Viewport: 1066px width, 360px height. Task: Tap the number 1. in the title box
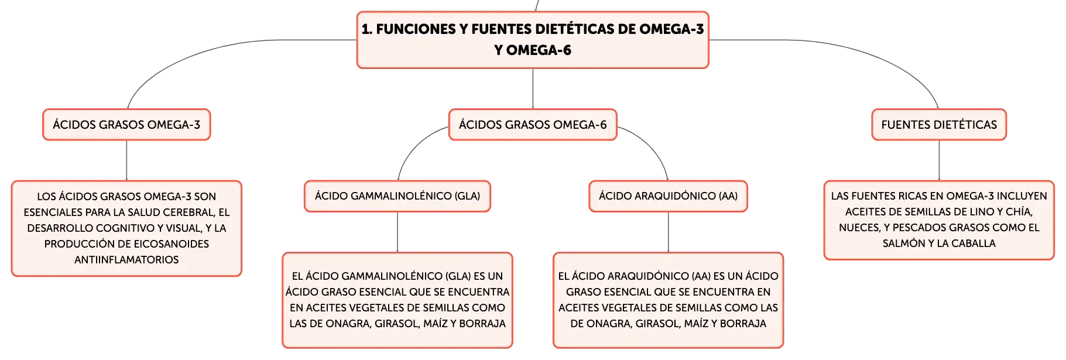(x=367, y=29)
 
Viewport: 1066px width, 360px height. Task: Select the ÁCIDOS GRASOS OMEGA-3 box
(x=126, y=125)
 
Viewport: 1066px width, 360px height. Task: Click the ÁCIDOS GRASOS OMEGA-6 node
(x=533, y=125)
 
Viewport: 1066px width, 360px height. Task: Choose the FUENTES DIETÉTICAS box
(x=939, y=125)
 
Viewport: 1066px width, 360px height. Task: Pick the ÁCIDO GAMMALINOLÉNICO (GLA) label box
(x=397, y=196)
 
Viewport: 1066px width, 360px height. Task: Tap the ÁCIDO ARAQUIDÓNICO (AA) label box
(x=668, y=196)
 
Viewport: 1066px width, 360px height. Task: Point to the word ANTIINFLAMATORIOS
(x=126, y=259)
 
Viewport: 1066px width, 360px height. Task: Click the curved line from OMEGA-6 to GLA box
(x=412, y=146)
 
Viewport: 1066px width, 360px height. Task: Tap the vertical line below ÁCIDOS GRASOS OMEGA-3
(x=126, y=160)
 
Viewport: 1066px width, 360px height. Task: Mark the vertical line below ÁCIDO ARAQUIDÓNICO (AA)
(x=668, y=232)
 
